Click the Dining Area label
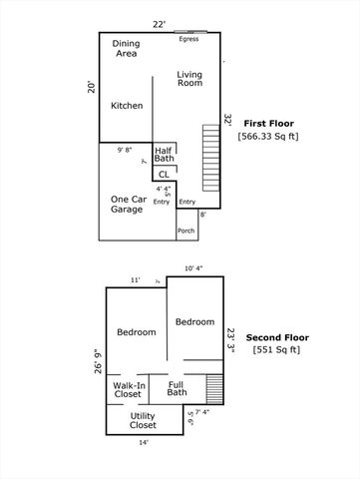point(127,49)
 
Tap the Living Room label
point(188,79)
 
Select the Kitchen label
point(127,106)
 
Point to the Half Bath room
point(164,154)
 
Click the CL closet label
point(164,175)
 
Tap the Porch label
point(185,231)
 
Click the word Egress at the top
point(188,39)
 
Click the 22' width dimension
point(159,23)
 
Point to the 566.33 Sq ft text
point(268,136)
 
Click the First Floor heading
point(268,123)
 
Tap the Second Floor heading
point(276,336)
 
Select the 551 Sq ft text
point(276,350)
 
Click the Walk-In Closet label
point(128,390)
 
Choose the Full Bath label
point(177,388)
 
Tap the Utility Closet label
point(143,420)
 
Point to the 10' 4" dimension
point(195,267)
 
